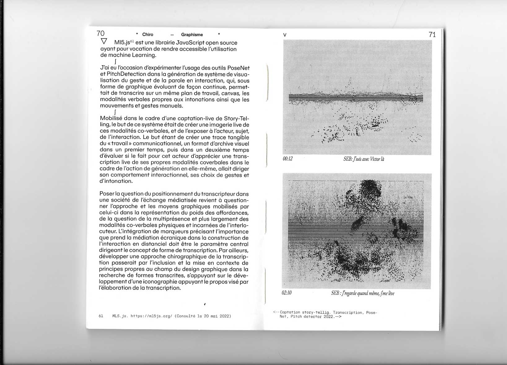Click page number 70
(101, 33)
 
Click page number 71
(432, 35)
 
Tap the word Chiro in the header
(148, 35)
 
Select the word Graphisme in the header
(192, 35)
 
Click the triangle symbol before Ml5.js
(104, 41)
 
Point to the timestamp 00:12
(288, 159)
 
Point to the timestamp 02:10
(287, 293)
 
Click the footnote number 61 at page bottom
(101, 316)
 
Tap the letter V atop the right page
(285, 35)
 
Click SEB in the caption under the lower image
(335, 293)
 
